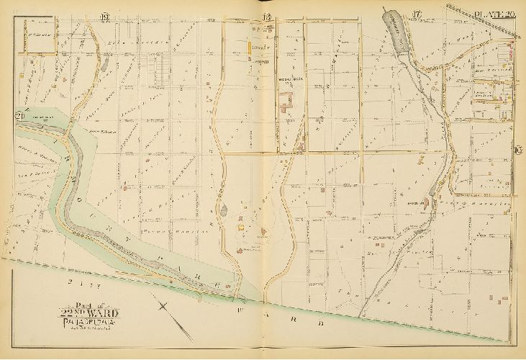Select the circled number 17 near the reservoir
click(x=416, y=17)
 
